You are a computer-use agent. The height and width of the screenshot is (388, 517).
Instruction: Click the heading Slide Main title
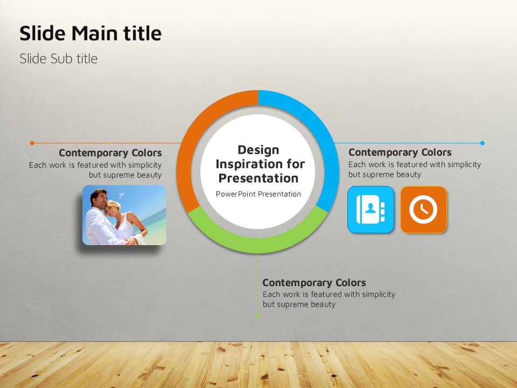[90, 33]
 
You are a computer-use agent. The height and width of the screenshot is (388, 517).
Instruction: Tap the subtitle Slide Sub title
[58, 59]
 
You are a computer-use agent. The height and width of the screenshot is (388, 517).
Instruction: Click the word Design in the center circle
[258, 150]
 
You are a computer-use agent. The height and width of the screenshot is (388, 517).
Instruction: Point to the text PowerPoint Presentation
[258, 194]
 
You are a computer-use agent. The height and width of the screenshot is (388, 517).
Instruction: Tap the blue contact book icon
[371, 210]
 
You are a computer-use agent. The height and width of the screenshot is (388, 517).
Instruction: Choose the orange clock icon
[424, 210]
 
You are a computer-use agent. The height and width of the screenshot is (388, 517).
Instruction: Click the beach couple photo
[124, 215]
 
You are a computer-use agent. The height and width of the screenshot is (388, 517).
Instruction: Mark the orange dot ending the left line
[32, 143]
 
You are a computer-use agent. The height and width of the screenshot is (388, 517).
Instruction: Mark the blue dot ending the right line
[483, 143]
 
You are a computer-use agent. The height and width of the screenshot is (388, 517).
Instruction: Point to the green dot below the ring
[258, 316]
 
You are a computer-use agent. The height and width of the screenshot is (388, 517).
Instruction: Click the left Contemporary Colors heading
[110, 153]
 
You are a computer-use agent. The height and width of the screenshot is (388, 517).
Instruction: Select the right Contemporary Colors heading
[400, 152]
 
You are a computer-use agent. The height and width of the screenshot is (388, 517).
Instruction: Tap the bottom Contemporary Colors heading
[314, 282]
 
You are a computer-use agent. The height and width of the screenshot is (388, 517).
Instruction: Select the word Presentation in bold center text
[258, 178]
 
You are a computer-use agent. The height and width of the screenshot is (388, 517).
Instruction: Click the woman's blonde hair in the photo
[114, 205]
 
